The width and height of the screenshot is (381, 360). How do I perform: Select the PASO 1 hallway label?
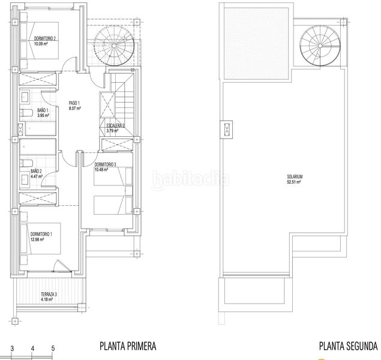(x=74, y=102)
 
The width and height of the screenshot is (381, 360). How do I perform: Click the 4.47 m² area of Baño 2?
(x=38, y=176)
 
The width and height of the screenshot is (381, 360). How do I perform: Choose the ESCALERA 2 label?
(x=112, y=125)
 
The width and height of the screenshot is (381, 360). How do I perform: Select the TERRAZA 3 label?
(x=49, y=294)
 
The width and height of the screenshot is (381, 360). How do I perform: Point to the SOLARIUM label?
(x=293, y=176)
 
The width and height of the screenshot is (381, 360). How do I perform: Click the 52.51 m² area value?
(x=293, y=181)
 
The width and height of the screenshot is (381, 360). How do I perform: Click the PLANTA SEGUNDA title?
(x=348, y=346)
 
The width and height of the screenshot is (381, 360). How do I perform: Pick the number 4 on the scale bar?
(x=33, y=347)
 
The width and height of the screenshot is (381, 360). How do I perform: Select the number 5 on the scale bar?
(x=53, y=347)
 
